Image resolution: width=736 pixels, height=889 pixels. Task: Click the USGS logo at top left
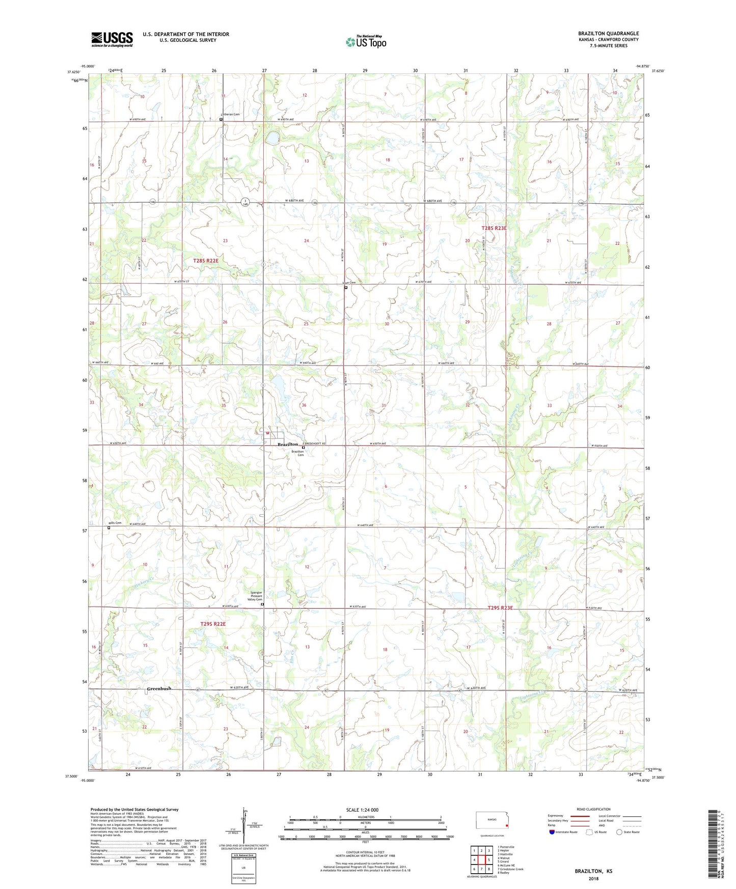tap(112, 39)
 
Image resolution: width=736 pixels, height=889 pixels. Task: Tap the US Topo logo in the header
tap(366, 42)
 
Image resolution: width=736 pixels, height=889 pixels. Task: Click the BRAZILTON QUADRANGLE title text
tap(608, 34)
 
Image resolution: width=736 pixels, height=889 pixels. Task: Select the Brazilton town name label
tap(287, 444)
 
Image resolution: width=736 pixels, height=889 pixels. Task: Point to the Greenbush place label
tap(159, 688)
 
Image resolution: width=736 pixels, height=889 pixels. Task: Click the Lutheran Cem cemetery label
tap(230, 115)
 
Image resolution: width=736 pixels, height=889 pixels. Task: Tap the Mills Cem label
tap(115, 523)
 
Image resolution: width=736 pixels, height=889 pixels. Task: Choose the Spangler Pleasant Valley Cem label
tap(255, 596)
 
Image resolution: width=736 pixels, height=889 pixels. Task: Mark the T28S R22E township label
tap(206, 261)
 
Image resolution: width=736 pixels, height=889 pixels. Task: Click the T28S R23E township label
tap(494, 229)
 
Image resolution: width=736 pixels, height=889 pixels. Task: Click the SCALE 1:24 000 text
tap(362, 810)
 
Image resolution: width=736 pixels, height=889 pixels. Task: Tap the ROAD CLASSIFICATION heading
tap(593, 809)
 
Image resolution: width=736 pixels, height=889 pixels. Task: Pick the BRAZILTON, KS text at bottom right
tap(593, 871)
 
